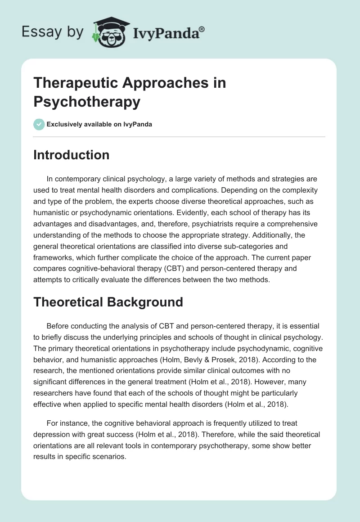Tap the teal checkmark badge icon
39,124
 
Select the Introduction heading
72,155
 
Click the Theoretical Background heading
108,301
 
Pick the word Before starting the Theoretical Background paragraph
58,326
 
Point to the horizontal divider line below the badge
179,137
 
